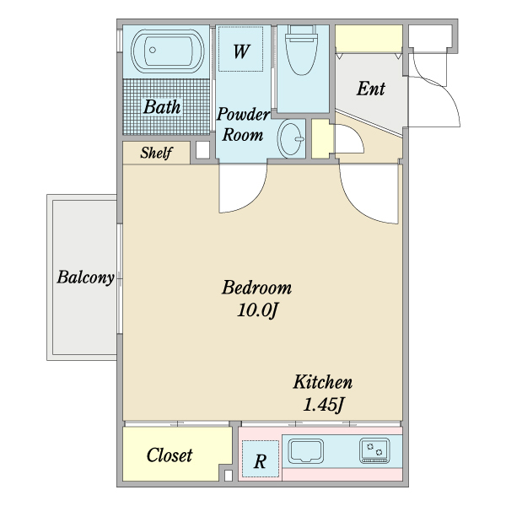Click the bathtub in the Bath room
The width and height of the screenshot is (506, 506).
[168, 51]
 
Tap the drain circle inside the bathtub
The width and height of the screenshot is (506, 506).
[153, 50]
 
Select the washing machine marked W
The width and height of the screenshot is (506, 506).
[240, 49]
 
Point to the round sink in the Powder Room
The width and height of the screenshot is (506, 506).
[291, 139]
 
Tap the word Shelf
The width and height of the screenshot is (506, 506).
[156, 153]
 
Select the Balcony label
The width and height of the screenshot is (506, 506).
[85, 277]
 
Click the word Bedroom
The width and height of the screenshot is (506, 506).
[256, 288]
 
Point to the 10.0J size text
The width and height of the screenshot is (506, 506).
[257, 310]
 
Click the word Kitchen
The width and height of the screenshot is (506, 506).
[323, 382]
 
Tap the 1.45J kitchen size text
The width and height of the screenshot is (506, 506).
[324, 404]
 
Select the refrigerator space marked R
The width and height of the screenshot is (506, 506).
[260, 459]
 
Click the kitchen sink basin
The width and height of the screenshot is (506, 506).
[305, 451]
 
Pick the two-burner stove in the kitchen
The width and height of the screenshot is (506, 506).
[374, 450]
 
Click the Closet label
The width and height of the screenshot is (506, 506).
[170, 455]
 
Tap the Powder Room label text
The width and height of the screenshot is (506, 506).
[243, 125]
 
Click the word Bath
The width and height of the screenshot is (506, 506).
[162, 107]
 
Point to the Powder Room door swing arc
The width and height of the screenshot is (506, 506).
[256, 201]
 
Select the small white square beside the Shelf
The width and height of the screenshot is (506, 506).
[202, 150]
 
